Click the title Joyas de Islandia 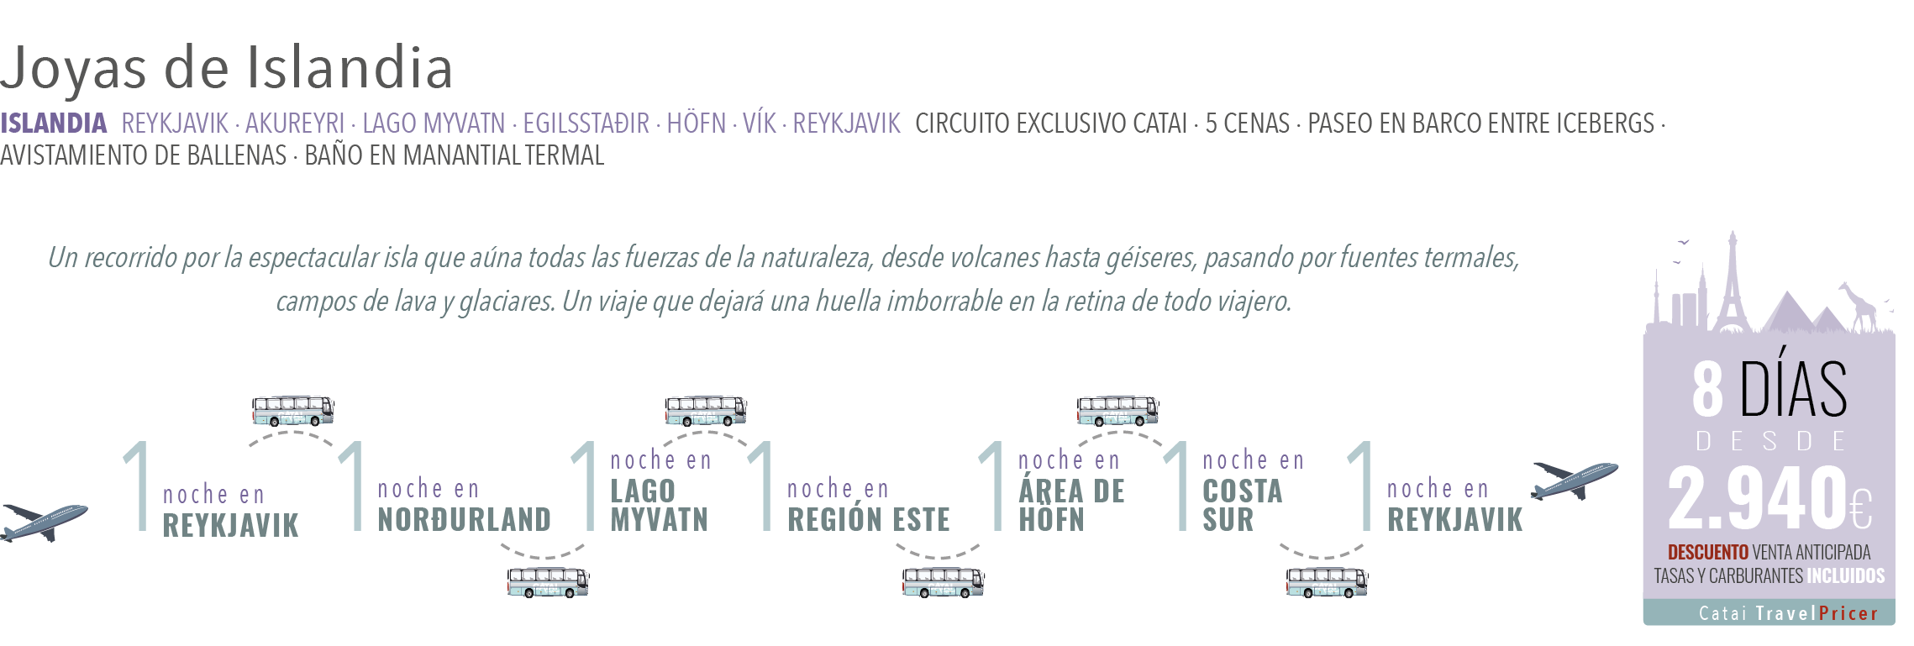227,68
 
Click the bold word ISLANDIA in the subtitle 54,123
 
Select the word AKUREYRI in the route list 295,123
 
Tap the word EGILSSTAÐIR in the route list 586,123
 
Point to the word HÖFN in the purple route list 697,123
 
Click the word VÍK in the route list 760,123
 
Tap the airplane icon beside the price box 1574,479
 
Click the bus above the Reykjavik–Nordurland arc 293,411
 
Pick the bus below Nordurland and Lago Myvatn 548,581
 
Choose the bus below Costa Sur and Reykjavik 1328,581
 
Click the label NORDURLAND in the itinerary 465,520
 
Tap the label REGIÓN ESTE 869,520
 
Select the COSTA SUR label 1242,505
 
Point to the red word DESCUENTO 1707,552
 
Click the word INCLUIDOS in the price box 1846,575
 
